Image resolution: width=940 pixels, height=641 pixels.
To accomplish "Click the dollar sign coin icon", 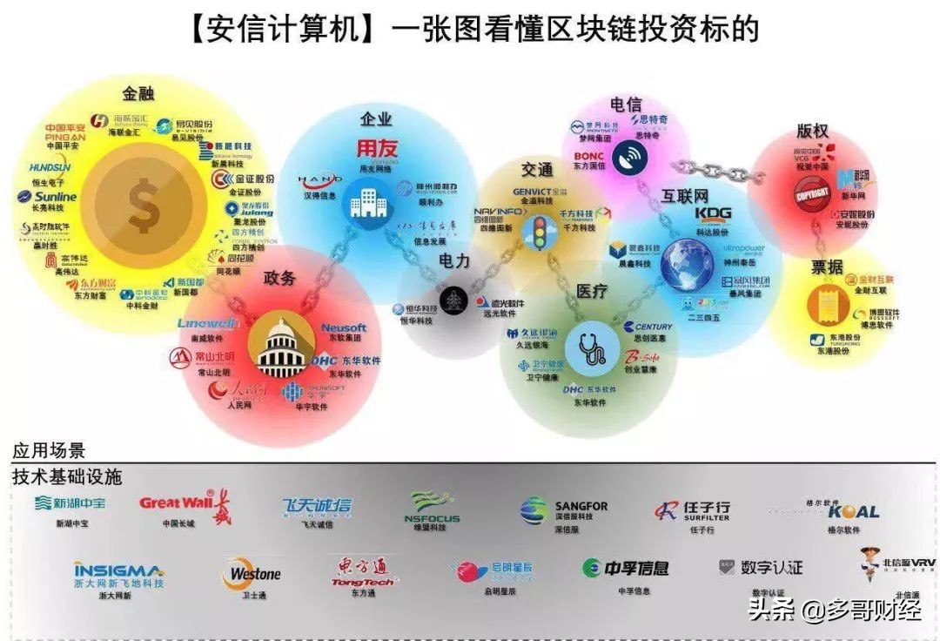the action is (142, 207).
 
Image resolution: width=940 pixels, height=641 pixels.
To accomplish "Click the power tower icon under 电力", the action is (452, 301).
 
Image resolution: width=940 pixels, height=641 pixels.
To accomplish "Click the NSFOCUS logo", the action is (433, 507).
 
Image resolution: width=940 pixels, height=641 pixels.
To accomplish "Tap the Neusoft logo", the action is (344, 328).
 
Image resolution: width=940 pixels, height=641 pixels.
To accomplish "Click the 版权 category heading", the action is (811, 131).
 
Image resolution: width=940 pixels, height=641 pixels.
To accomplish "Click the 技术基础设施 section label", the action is (67, 476).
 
